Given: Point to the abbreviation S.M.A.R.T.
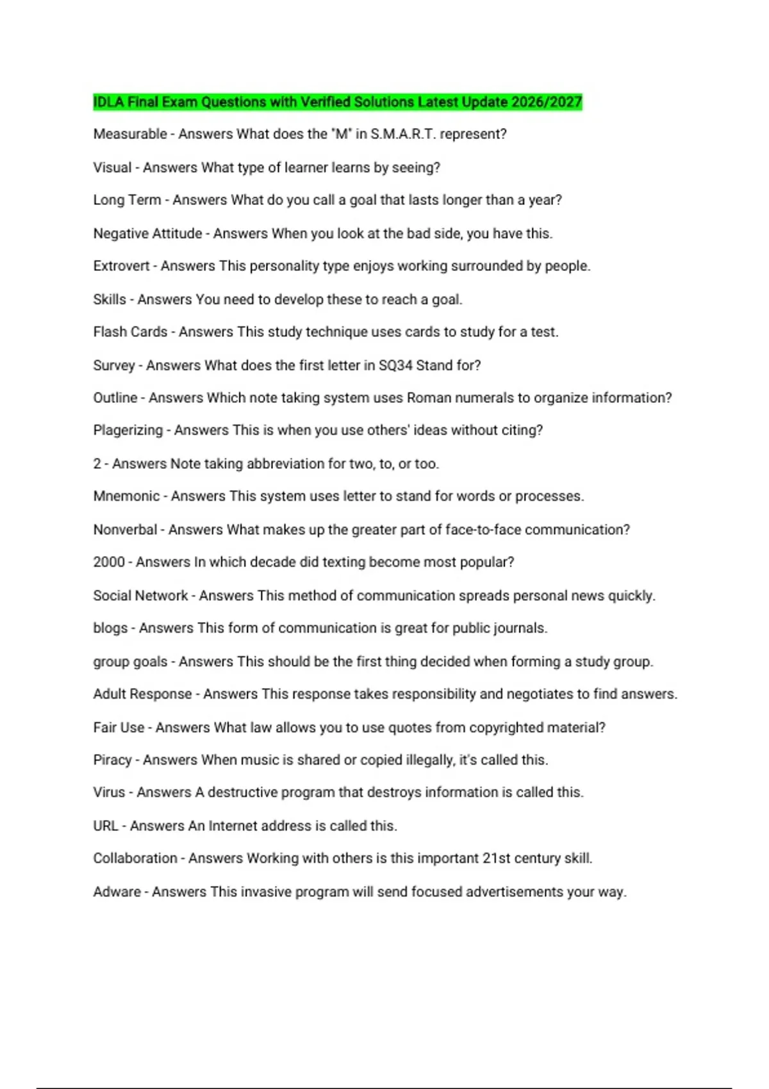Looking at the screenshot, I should coord(403,135).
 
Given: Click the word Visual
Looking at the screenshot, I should coord(112,168).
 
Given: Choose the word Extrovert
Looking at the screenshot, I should coord(121,266).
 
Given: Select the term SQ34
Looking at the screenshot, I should coord(395,365).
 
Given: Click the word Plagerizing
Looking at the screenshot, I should coord(128,430).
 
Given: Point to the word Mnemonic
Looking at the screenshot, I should coord(126,496).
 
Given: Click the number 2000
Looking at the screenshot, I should coord(109,562).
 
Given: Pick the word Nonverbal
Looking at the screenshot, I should coord(125,530).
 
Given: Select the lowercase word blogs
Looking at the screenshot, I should coord(110,628).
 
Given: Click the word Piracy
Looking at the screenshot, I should coord(112,760).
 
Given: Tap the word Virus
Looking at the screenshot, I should coord(109,792).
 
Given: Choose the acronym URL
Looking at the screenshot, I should coord(106,826).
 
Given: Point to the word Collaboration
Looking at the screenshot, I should coord(135,858).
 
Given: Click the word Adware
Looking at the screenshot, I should coord(117,892).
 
